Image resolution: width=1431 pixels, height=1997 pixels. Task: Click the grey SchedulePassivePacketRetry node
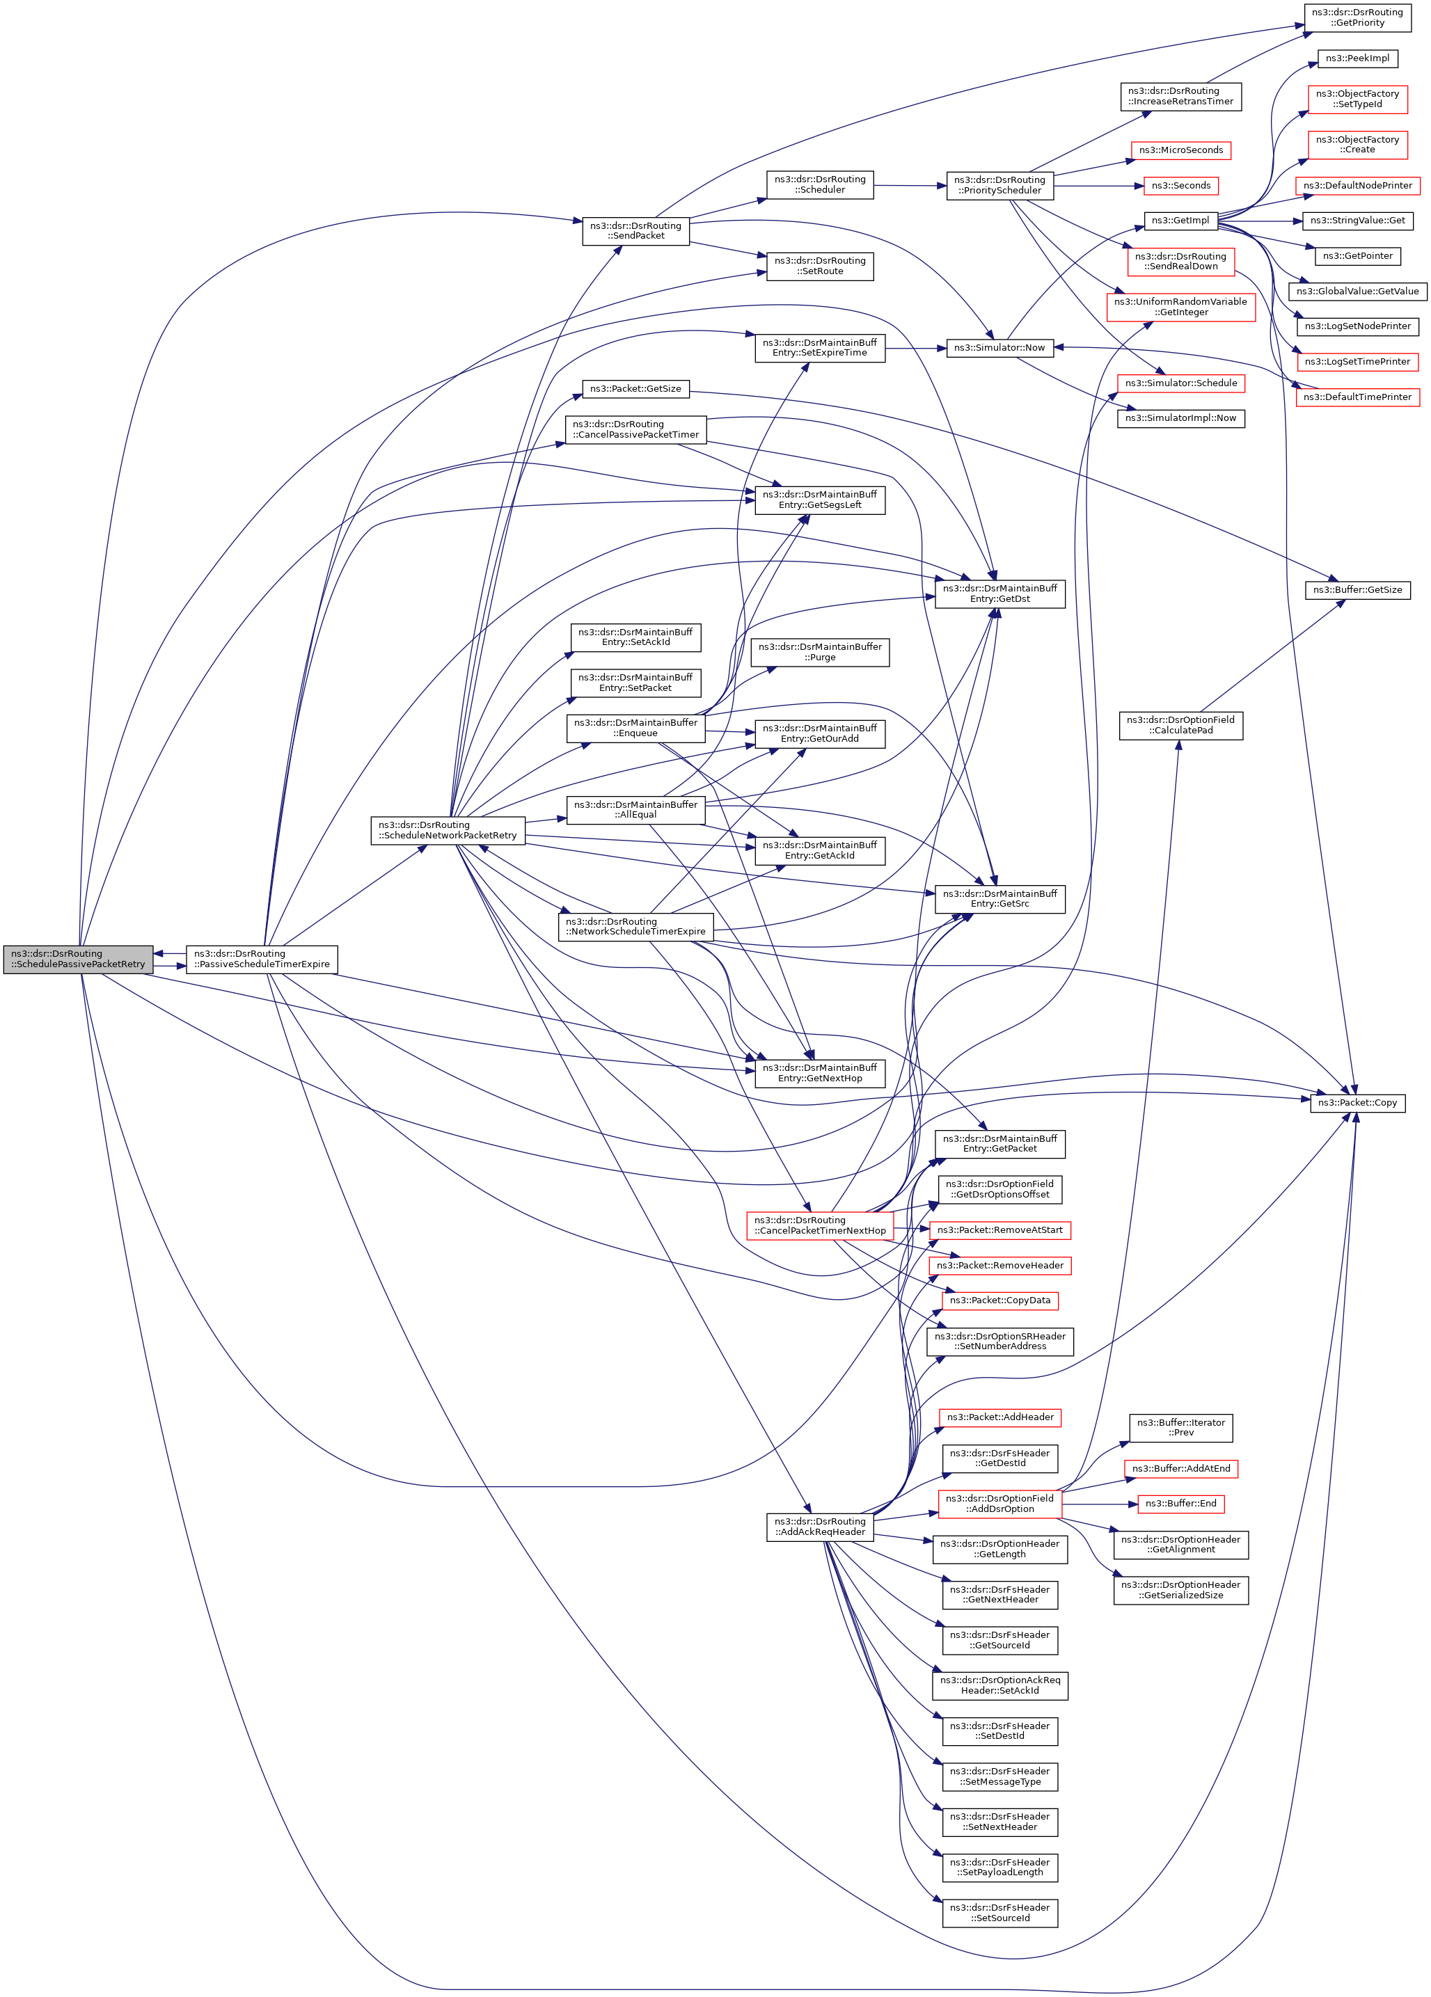click(x=79, y=959)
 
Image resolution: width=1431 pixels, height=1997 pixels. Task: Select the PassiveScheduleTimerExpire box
click(x=262, y=959)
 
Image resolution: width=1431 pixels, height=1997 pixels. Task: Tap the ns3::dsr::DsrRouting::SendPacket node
click(x=635, y=231)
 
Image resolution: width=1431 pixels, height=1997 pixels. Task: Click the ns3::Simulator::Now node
click(x=999, y=348)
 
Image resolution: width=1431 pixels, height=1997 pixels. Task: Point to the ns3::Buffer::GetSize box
click(x=1357, y=590)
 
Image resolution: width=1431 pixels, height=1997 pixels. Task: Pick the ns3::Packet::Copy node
click(x=1357, y=1102)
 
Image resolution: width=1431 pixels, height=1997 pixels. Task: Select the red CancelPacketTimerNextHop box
click(x=819, y=1225)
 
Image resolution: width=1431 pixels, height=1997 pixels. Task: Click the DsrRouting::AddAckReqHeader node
click(x=819, y=1527)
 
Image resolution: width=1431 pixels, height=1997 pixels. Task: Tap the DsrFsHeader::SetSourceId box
click(x=999, y=1913)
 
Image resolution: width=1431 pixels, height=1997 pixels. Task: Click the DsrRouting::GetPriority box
click(x=1357, y=17)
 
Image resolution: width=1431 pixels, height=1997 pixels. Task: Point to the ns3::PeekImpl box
click(x=1357, y=59)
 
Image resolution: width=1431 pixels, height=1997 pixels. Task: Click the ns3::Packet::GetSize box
click(x=635, y=389)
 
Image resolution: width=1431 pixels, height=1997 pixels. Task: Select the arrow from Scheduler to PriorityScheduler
click(x=910, y=186)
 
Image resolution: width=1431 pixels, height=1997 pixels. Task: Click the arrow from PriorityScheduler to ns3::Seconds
click(x=1097, y=186)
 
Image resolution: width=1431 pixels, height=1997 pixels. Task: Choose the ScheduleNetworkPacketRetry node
click(x=448, y=830)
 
